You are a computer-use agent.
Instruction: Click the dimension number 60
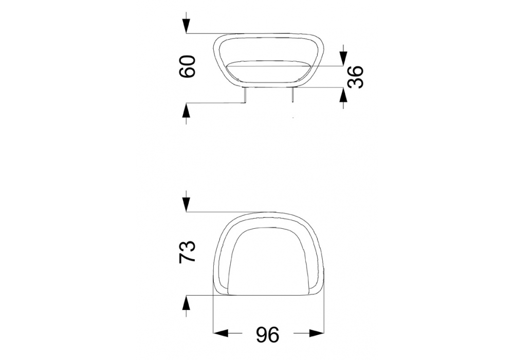(x=188, y=66)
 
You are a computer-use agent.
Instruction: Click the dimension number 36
(x=355, y=77)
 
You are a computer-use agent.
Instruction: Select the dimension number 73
(x=187, y=252)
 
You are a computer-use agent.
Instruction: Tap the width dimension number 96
(x=268, y=335)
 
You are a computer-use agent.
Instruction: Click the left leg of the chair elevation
(x=245, y=95)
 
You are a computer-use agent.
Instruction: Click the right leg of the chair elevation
(x=293, y=95)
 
